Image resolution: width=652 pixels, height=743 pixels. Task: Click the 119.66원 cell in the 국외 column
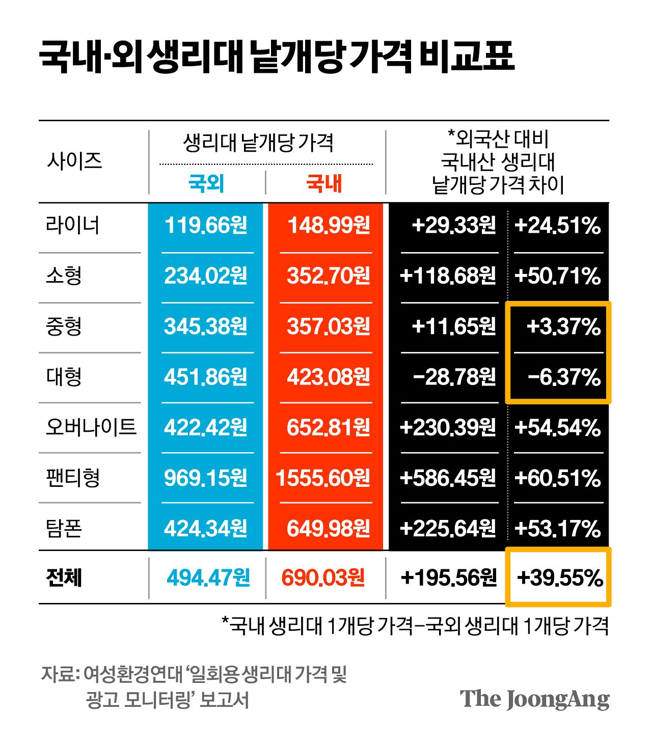click(x=206, y=225)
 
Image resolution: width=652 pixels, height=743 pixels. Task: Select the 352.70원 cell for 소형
click(x=328, y=276)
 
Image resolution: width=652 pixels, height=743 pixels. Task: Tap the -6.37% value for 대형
click(x=564, y=377)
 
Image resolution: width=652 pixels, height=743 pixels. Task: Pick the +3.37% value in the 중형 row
click(x=563, y=326)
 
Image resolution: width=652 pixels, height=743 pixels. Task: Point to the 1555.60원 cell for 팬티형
click(x=323, y=478)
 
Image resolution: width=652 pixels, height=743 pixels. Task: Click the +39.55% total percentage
click(x=560, y=577)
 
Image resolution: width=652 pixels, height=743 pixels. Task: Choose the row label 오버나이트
click(x=91, y=427)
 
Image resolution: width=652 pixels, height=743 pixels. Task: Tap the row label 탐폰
click(x=64, y=528)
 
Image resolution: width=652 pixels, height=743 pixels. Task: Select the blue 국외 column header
click(x=206, y=183)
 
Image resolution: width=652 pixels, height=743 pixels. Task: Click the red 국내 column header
click(x=324, y=183)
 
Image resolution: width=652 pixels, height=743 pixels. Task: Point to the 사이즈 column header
click(x=74, y=161)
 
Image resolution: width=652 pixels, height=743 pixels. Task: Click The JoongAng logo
click(x=534, y=699)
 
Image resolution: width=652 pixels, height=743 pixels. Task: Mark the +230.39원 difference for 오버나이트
click(x=448, y=427)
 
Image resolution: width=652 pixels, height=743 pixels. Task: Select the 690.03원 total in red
click(x=323, y=577)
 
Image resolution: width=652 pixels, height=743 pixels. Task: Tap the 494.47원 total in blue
click(x=208, y=577)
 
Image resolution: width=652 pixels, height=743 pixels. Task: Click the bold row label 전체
click(x=64, y=577)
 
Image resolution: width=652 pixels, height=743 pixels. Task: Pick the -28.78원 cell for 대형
click(x=454, y=377)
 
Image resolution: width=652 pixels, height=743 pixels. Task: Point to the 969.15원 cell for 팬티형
click(x=206, y=478)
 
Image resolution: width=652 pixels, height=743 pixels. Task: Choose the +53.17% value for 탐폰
click(x=558, y=528)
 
